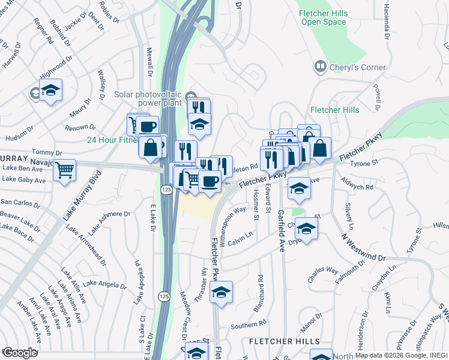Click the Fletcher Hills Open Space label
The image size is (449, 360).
pos(324,17)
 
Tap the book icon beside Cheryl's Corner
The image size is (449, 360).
pos(321,67)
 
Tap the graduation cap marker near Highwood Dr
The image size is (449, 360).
pos(51,91)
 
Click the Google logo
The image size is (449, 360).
pos(19,353)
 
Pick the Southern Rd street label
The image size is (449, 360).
pos(248,325)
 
